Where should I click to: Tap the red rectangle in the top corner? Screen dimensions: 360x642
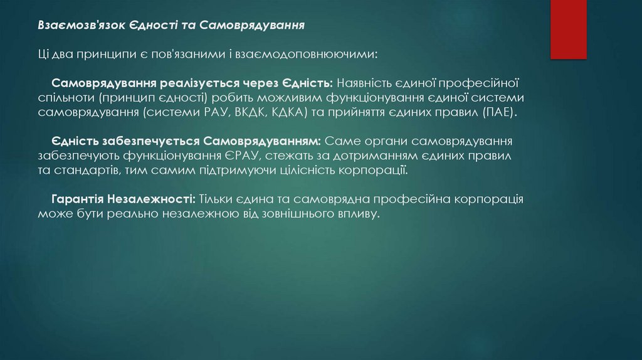click(568, 28)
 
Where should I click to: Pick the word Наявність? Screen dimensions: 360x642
click(364, 84)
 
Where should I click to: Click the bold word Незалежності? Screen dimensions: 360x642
click(151, 199)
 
